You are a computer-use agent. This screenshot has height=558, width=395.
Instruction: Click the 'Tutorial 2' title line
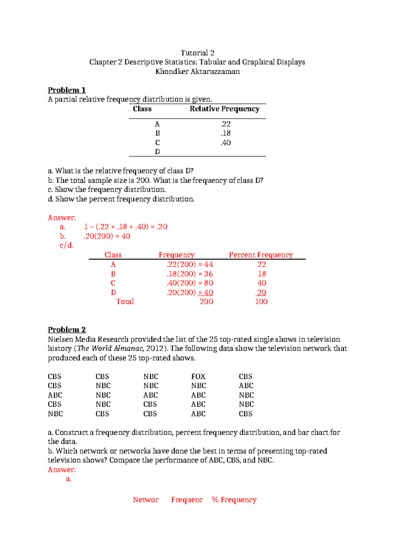(197, 53)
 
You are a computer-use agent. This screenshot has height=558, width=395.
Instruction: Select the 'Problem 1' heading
(67, 90)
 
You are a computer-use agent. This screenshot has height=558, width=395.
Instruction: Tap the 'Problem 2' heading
(67, 330)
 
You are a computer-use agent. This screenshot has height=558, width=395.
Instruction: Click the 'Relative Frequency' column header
(224, 109)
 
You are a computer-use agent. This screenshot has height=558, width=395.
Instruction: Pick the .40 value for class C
(226, 142)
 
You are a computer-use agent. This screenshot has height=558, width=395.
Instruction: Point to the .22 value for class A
(226, 124)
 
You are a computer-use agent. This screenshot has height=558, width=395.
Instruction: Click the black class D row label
(157, 152)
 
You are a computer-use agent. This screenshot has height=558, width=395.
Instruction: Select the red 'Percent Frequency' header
(261, 255)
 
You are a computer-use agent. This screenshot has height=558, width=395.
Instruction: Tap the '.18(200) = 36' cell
(190, 274)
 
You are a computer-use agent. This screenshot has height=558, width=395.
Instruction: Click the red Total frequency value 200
(206, 302)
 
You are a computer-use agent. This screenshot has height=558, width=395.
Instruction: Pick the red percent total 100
(261, 302)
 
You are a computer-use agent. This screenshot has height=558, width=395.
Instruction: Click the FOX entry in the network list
(198, 376)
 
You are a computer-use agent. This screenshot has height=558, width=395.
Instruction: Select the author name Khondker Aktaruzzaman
(197, 71)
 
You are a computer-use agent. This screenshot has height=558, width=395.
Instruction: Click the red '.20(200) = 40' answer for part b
(107, 236)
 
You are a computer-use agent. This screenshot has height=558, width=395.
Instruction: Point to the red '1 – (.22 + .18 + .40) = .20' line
(125, 227)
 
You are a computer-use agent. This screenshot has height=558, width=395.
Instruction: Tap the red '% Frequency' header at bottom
(234, 500)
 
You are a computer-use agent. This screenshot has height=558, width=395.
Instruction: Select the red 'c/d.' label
(66, 245)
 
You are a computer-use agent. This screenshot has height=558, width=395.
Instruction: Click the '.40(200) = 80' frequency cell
(190, 283)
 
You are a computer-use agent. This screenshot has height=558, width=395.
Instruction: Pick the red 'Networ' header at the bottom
(145, 500)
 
